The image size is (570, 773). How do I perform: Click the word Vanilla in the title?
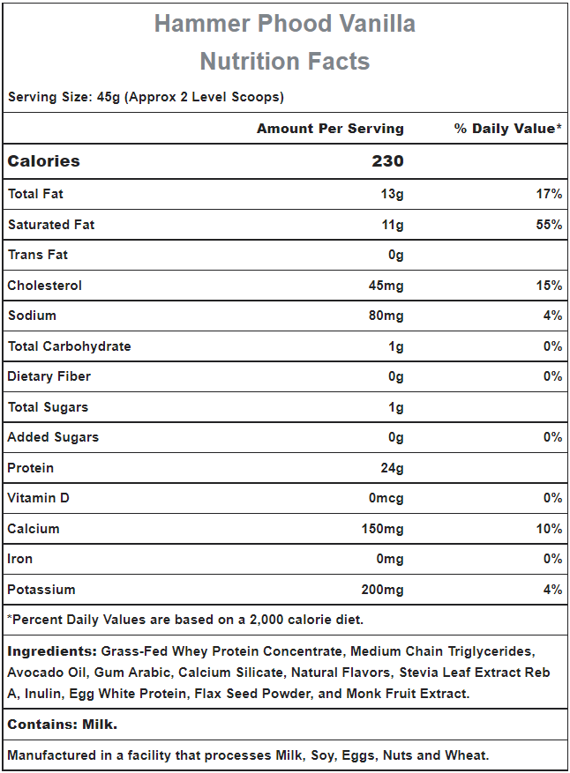[377, 24]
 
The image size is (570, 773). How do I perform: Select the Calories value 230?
[387, 161]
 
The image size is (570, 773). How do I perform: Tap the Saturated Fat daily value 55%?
[549, 225]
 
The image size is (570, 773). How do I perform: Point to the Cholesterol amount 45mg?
[386, 286]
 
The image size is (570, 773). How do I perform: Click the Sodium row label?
[32, 316]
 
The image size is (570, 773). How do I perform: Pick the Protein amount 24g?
[392, 468]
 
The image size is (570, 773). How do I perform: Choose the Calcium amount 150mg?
[382, 529]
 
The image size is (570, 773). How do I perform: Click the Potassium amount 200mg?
[382, 590]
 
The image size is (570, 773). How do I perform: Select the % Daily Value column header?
[508, 129]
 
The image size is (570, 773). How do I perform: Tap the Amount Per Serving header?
[330, 129]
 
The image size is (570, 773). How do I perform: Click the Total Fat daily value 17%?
[549, 194]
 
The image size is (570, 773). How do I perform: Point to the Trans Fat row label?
[38, 255]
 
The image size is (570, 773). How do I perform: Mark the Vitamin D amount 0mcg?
[386, 498]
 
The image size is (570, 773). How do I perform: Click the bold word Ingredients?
[52, 651]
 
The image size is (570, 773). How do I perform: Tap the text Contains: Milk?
[62, 725]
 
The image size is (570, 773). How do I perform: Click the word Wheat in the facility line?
[467, 755]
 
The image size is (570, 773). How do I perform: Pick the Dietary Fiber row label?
[49, 376]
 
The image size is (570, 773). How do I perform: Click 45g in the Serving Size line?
[109, 97]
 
